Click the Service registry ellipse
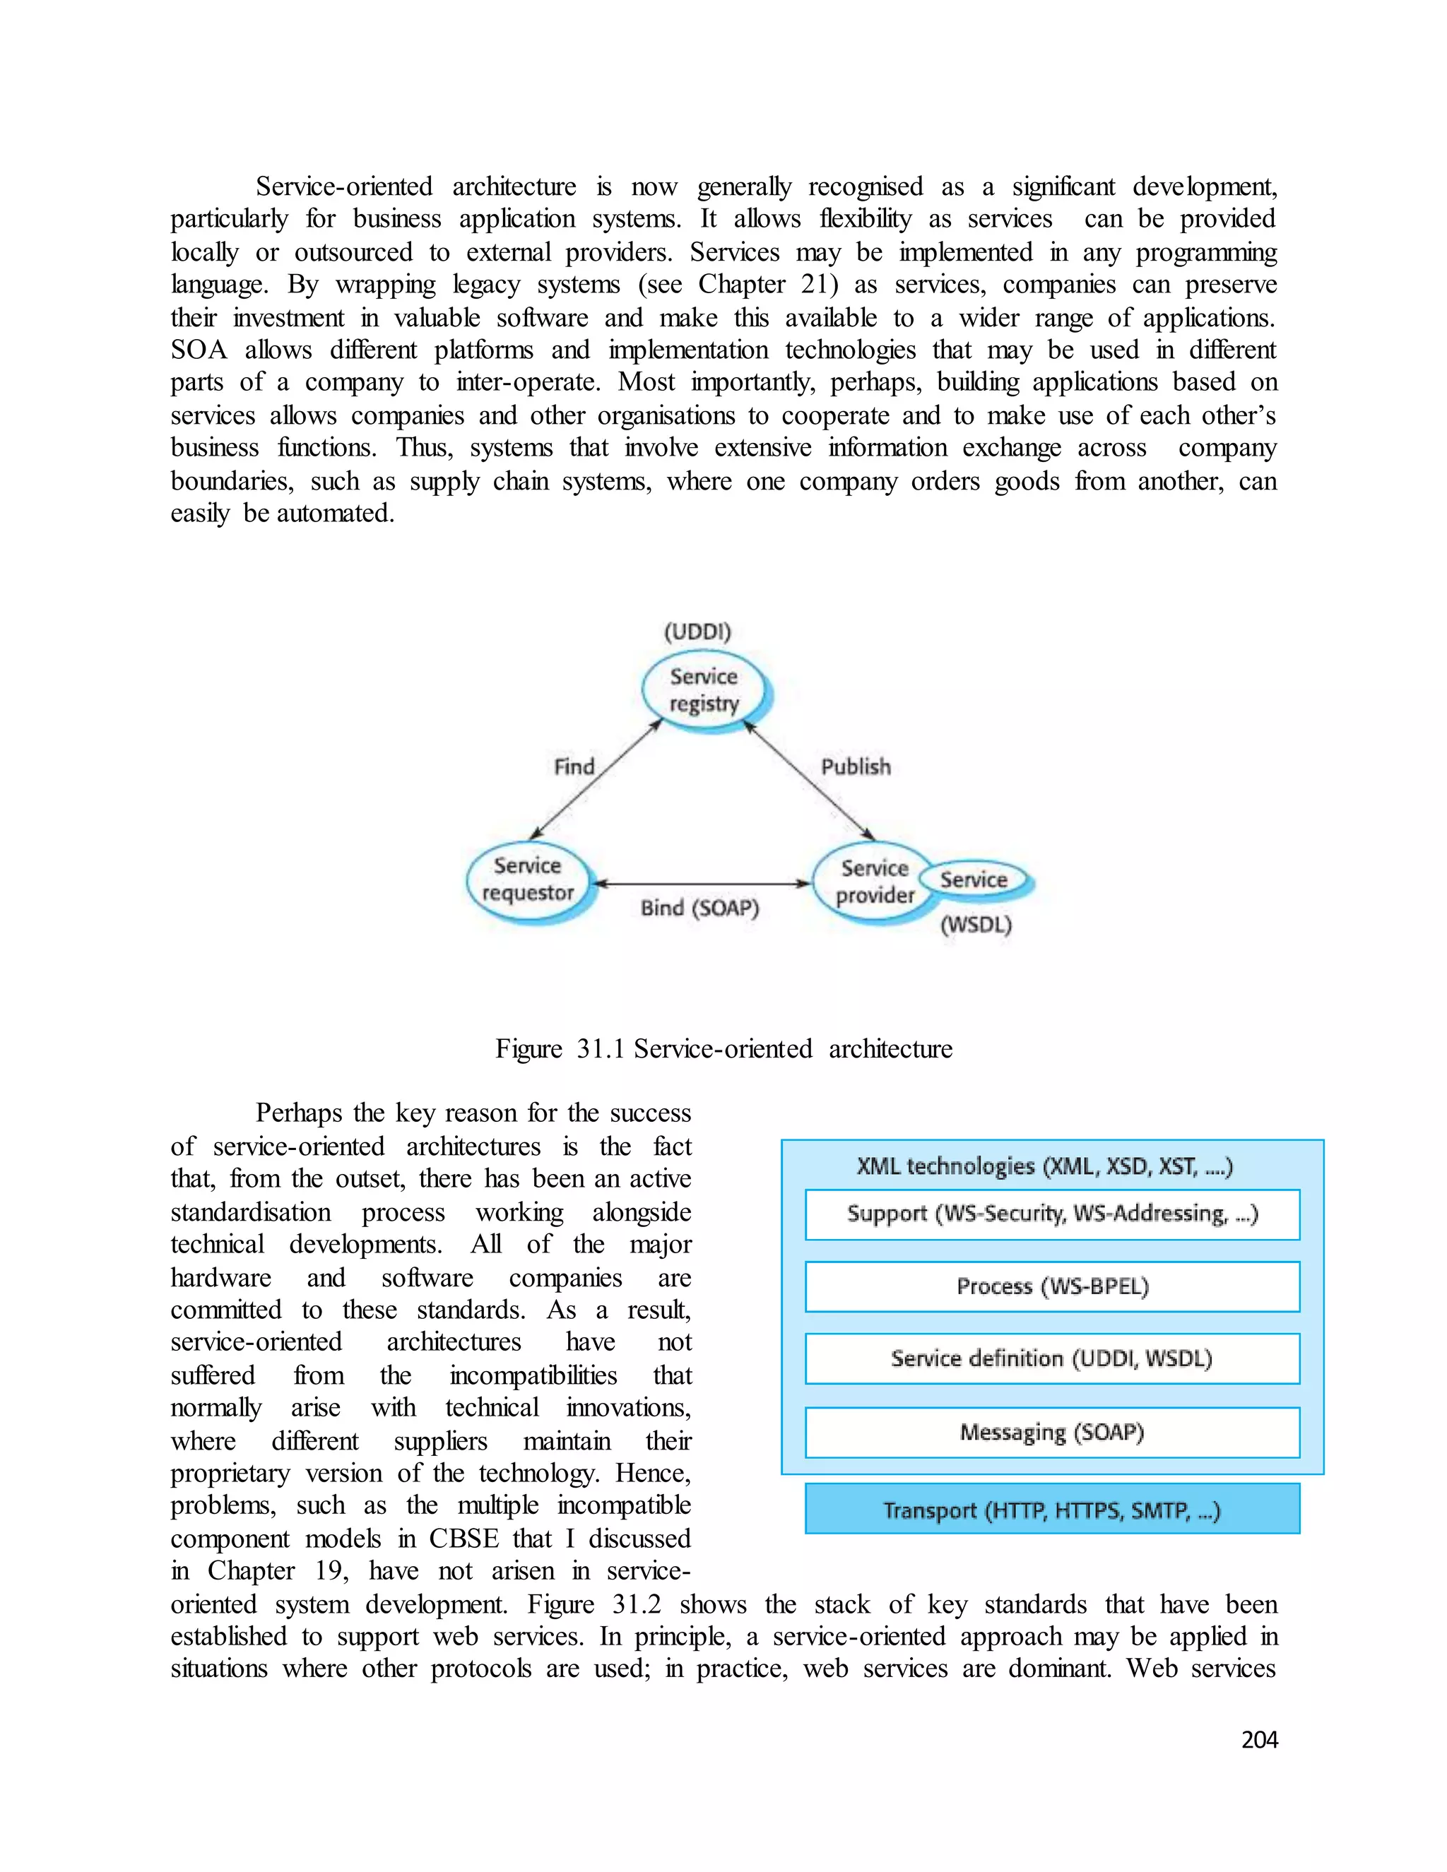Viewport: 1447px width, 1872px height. [704, 690]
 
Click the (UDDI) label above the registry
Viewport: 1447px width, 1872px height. [697, 632]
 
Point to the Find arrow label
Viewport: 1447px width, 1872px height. [574, 766]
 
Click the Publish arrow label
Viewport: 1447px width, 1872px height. [856, 766]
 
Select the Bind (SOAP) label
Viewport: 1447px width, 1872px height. [699, 908]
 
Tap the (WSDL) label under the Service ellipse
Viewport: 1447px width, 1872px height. [976, 925]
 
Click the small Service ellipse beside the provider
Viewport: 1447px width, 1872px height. [974, 879]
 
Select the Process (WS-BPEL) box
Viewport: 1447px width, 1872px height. [1052, 1286]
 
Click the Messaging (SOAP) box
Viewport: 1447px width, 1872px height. [1052, 1433]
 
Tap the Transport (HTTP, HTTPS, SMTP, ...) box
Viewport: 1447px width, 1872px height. [1052, 1510]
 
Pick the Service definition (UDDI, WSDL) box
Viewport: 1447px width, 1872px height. [1052, 1358]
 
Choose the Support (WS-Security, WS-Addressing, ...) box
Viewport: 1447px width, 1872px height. [1052, 1214]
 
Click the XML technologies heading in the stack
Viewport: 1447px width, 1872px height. [1044, 1166]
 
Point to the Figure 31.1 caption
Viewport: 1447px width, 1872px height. [723, 1048]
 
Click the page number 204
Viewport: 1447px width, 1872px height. [1258, 1739]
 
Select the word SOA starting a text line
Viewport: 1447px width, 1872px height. [199, 350]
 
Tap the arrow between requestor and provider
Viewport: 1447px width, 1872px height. [701, 883]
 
